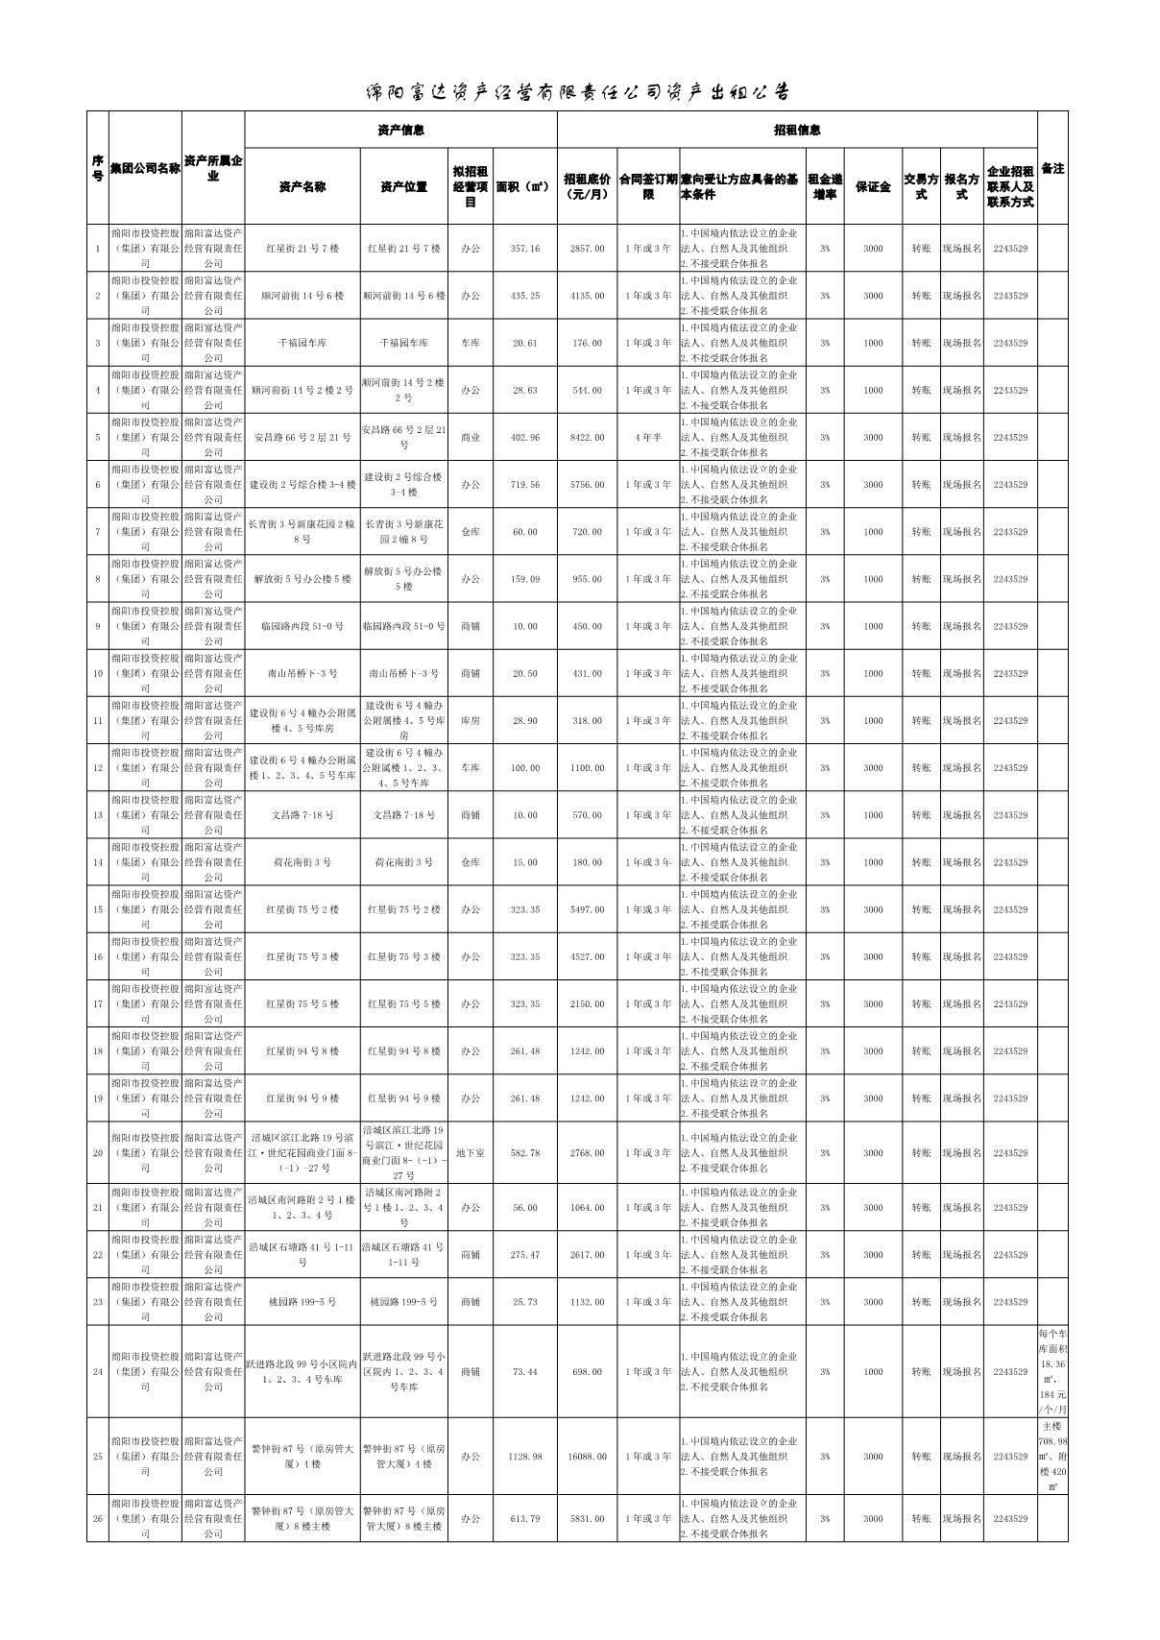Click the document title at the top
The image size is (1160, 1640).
[579, 92]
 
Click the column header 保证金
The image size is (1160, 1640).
[872, 186]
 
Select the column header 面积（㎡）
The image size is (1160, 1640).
[524, 186]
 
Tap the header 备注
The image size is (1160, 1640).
[1051, 168]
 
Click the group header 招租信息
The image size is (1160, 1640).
[797, 130]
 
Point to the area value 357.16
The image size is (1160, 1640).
[524, 249]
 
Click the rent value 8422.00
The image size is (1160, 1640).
[587, 438]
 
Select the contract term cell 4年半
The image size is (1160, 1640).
[647, 438]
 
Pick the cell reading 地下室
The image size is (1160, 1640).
[470, 1153]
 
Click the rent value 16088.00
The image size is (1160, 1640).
[587, 1457]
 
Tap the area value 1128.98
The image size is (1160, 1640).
[524, 1457]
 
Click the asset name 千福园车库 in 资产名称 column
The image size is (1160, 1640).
[302, 343]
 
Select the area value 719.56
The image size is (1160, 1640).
[524, 485]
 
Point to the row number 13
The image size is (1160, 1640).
[97, 815]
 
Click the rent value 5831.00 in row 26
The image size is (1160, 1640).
[587, 1519]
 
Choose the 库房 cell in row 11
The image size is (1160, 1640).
[470, 721]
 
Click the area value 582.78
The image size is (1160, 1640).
[524, 1153]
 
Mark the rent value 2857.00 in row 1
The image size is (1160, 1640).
[587, 249]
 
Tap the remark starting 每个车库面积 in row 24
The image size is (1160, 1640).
[1051, 1371]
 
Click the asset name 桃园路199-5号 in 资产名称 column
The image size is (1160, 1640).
[302, 1303]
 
